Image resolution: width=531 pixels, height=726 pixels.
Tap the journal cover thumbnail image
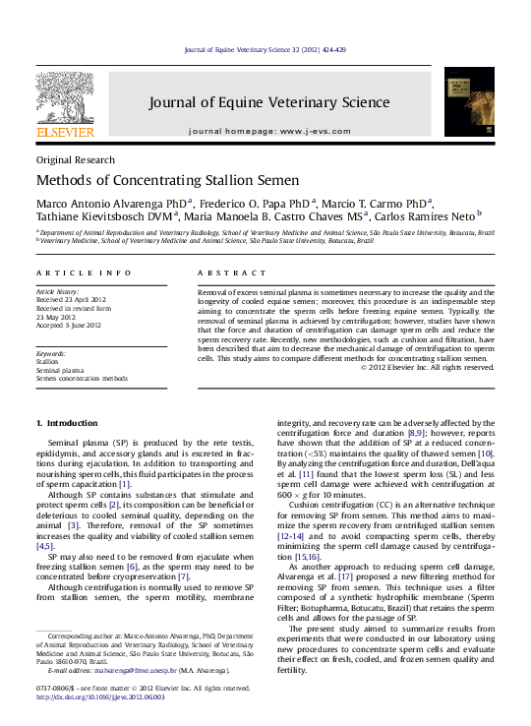469,102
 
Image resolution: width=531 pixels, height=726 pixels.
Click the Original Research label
75,159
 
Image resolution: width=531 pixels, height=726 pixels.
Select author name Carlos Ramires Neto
423,215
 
